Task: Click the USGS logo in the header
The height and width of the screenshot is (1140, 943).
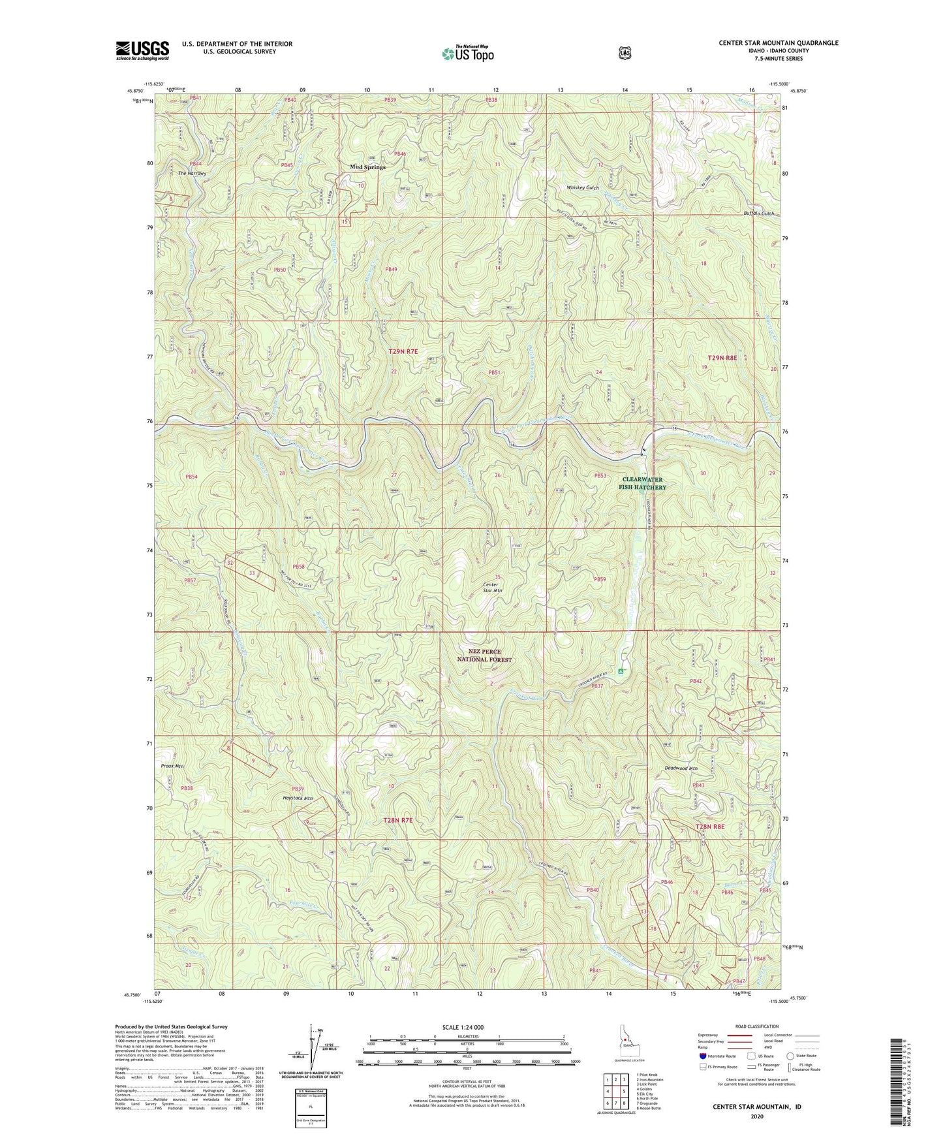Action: pyautogui.click(x=142, y=50)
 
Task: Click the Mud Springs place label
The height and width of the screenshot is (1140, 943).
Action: pyautogui.click(x=367, y=167)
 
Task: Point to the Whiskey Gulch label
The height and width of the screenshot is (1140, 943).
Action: pyautogui.click(x=582, y=187)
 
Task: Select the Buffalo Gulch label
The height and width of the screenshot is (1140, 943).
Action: pyautogui.click(x=759, y=214)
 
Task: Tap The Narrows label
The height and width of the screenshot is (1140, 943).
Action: pyautogui.click(x=192, y=173)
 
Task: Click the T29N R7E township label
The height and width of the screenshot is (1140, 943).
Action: pyautogui.click(x=403, y=352)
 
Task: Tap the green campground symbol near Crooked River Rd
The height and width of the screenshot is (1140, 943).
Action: pyautogui.click(x=621, y=671)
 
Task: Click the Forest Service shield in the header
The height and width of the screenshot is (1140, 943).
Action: pyautogui.click(x=625, y=52)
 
